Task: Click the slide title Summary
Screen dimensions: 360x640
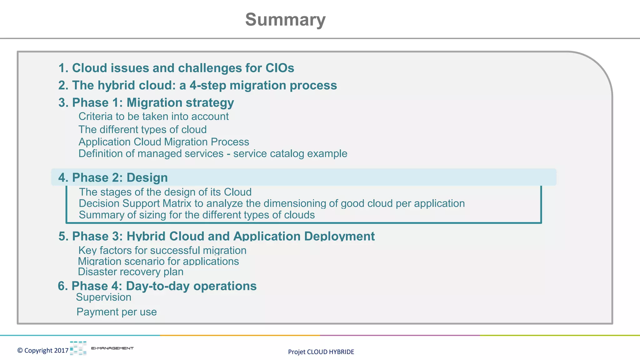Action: click(285, 20)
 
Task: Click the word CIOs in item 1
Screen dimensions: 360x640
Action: click(280, 68)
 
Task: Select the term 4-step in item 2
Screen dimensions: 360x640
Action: click(208, 85)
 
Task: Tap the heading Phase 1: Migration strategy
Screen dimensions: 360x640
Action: click(146, 103)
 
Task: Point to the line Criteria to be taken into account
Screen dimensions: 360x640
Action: click(153, 117)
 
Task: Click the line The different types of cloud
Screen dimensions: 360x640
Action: click(142, 129)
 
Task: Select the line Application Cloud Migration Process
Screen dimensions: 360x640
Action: click(164, 142)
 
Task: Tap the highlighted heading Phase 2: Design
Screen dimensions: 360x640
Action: click(113, 177)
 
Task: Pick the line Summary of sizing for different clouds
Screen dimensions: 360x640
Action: click(197, 215)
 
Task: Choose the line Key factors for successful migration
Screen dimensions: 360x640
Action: click(162, 251)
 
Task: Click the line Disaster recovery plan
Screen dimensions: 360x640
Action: click(131, 272)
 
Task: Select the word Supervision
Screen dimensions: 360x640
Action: click(103, 297)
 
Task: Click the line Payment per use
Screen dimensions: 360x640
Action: click(117, 312)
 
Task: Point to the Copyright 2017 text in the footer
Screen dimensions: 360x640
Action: click(43, 351)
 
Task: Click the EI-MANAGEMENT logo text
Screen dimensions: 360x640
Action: click(112, 348)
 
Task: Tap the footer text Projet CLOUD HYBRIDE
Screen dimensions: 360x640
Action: click(321, 352)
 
